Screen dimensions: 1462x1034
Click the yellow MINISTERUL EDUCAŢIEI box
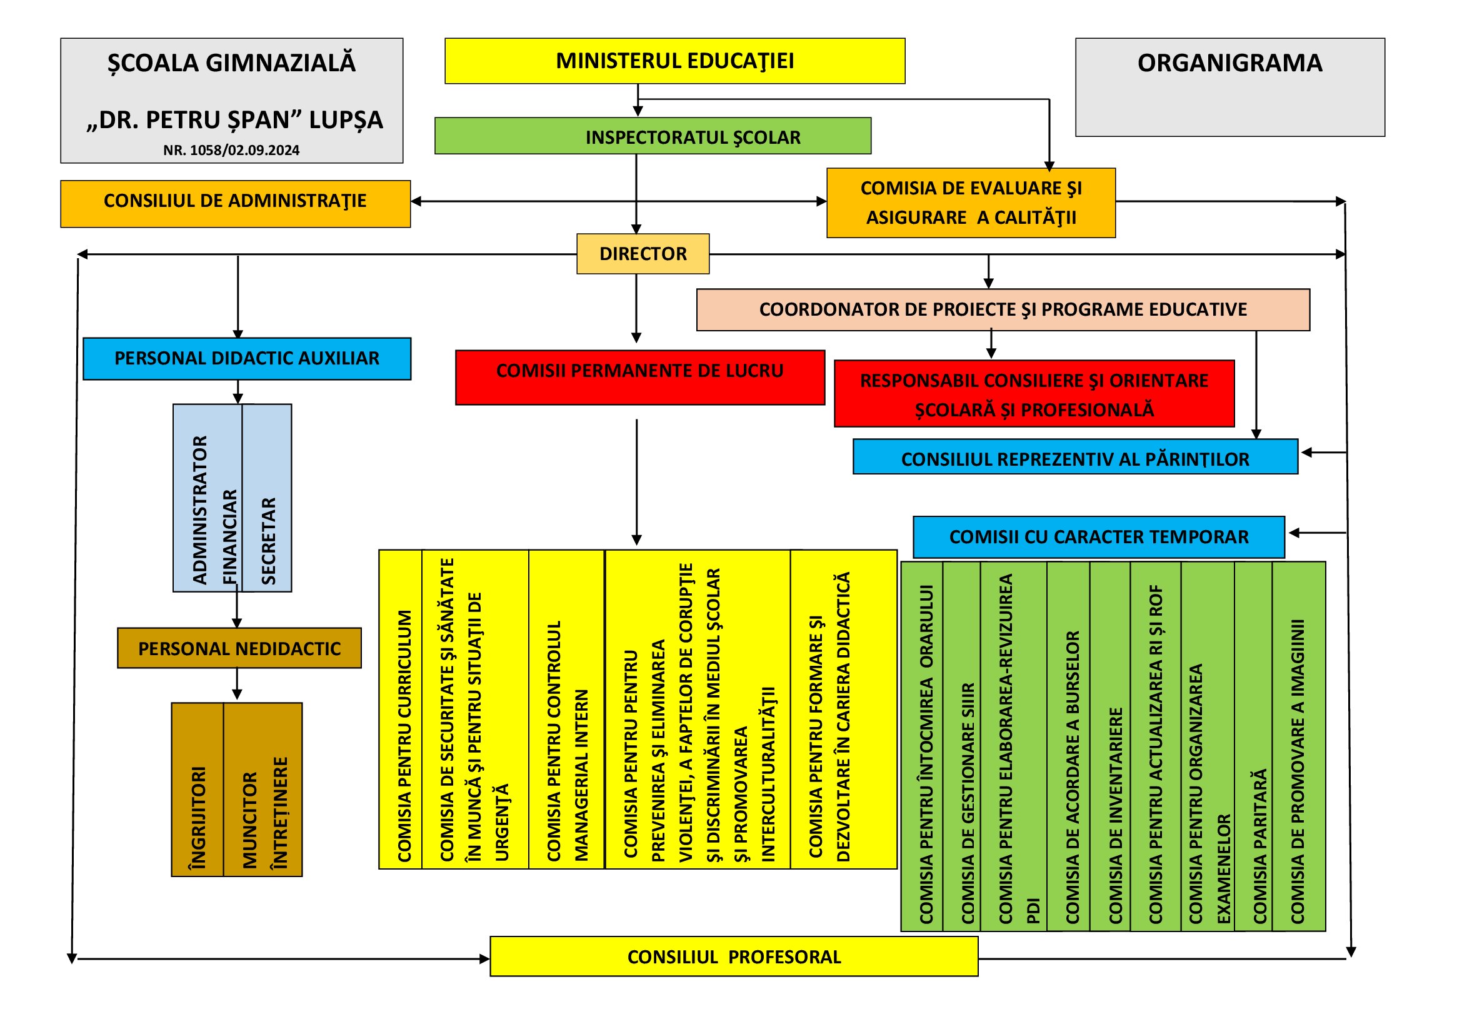point(674,61)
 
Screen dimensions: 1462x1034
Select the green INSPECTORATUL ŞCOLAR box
point(653,136)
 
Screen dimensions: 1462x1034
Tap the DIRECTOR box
point(643,254)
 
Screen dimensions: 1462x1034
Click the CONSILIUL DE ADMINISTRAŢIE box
point(236,204)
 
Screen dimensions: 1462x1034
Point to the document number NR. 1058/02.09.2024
point(231,150)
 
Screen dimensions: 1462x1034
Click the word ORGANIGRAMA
point(1229,63)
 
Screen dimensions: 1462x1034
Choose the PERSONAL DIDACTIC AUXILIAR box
point(247,359)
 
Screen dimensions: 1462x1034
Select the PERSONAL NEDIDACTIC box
point(239,648)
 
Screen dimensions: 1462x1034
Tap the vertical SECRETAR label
point(269,541)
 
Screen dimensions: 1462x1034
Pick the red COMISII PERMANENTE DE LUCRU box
point(640,378)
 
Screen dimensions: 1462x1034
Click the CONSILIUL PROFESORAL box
point(734,956)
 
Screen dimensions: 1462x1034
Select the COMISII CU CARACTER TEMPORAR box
point(1099,538)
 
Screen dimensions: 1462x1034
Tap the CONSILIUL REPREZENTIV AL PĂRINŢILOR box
point(1076,456)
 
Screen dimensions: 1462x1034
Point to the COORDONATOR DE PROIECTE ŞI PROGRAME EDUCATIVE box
point(1003,310)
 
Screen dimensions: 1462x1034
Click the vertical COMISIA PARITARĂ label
point(1259,847)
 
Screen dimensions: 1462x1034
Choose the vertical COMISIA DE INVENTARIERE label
point(1115,816)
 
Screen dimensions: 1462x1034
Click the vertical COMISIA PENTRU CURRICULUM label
point(404,736)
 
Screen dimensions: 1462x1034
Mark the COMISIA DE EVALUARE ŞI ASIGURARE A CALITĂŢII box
point(971,203)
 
